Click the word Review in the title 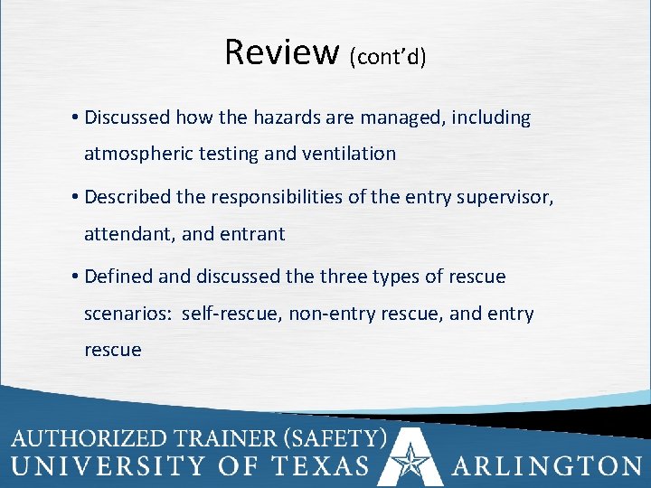click(282, 52)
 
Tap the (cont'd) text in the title click(387, 57)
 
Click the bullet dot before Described click(72, 198)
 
